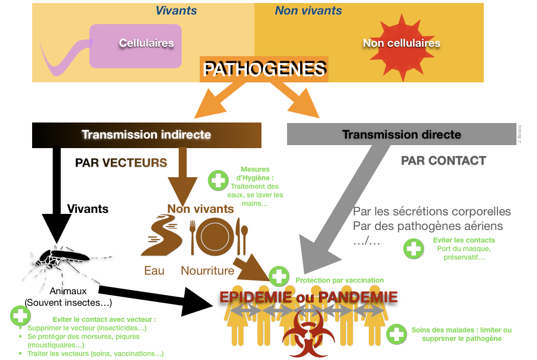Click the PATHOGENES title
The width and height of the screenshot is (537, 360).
point(264,69)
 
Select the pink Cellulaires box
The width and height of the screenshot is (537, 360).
point(136,46)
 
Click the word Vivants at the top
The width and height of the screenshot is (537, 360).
point(176,11)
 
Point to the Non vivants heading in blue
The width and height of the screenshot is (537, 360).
point(308,11)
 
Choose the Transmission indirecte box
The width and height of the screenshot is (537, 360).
point(147,135)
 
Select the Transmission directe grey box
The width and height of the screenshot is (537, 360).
point(401,135)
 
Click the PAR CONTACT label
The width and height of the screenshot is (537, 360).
point(443,161)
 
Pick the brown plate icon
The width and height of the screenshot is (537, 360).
point(215,236)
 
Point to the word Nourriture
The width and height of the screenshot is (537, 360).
point(207,271)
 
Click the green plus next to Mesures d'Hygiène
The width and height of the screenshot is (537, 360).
point(218,179)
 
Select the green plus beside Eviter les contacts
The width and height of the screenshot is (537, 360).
point(414,248)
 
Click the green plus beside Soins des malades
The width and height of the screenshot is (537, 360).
point(396,334)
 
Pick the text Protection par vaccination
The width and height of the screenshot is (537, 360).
point(339,280)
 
